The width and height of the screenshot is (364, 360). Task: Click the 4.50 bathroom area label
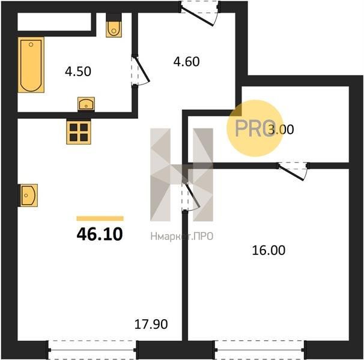point(78,71)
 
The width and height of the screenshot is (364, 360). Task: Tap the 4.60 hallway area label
point(186,62)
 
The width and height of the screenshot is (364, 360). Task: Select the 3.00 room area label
point(281,130)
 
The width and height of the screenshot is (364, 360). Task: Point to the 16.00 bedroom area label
point(268,250)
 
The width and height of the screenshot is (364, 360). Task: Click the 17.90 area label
point(151,324)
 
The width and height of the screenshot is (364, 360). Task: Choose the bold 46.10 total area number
point(100,234)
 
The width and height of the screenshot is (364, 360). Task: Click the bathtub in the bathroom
point(31,65)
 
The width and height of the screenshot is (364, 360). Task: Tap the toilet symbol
point(114,26)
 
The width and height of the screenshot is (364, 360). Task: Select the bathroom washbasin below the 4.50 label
point(86,104)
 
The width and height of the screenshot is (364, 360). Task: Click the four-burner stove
point(79,131)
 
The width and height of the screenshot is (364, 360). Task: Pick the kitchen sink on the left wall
point(28,196)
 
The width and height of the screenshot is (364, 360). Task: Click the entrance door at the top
point(199,13)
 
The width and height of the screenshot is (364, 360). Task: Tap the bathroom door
point(141,71)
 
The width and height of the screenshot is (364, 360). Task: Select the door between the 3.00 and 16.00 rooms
point(293,170)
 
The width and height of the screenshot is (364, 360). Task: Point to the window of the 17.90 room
point(93,350)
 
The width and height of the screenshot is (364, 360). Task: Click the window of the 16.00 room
point(259,350)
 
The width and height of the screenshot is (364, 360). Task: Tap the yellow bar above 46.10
point(100,218)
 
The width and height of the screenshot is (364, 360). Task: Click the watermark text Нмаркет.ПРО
point(182,236)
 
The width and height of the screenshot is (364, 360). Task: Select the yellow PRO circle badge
point(255,128)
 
